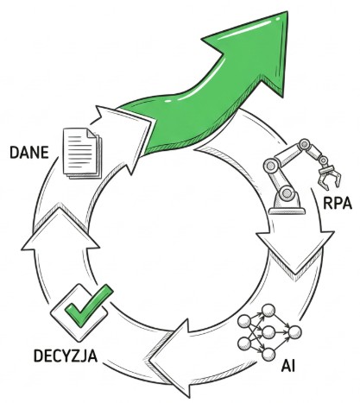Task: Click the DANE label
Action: click(29, 152)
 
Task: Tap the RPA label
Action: click(338, 203)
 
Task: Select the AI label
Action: click(288, 366)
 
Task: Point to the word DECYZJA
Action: click(66, 356)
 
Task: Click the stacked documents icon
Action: click(83, 153)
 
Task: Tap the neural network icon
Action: click(269, 332)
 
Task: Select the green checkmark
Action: click(89, 305)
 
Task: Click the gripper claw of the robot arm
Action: click(330, 177)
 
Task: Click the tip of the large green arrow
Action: click(287, 12)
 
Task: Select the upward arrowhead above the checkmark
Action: click(60, 227)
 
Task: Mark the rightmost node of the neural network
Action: click(295, 332)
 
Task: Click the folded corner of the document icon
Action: click(92, 133)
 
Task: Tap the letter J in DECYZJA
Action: click(84, 356)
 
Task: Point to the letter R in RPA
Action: click(328, 203)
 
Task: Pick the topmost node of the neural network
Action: click(268, 311)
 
